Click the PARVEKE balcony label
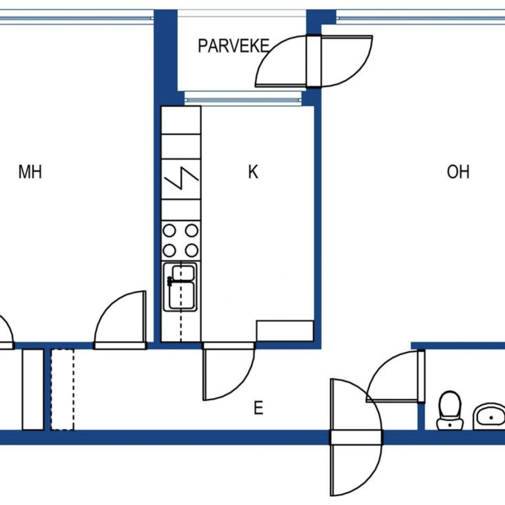click(x=234, y=46)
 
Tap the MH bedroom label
click(x=30, y=172)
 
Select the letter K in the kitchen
click(x=253, y=172)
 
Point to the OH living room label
click(x=458, y=172)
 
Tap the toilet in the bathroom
click(x=450, y=414)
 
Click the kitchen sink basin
click(x=180, y=287)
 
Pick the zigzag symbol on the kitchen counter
click(x=181, y=178)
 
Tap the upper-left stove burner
click(x=169, y=231)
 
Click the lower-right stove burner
click(x=192, y=250)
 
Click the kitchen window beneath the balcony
click(x=243, y=100)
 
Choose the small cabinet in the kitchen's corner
click(x=285, y=331)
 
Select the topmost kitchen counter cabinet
click(x=181, y=120)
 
